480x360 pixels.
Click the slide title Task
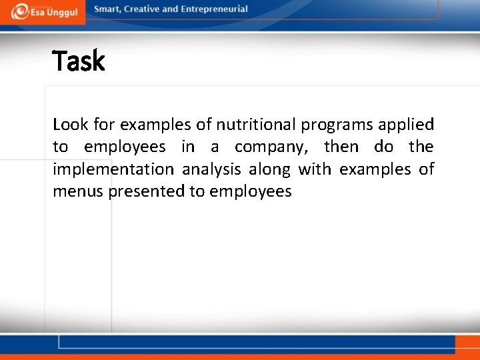pos(79,61)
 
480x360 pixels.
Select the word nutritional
pos(256,125)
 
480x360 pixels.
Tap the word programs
pos(337,125)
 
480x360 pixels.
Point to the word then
pos(341,147)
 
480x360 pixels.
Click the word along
pos(269,170)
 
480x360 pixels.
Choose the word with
pos(314,169)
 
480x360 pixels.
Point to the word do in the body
pos(383,147)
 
